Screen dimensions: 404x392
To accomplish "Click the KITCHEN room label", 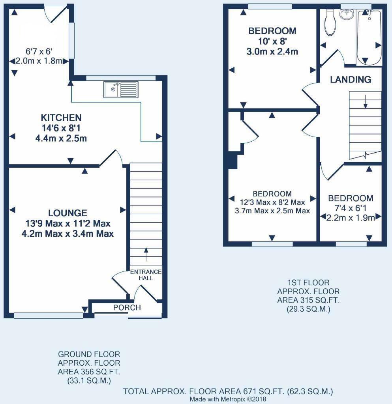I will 61,118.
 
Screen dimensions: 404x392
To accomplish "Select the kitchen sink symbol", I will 121,89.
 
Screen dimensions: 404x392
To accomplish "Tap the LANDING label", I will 351,80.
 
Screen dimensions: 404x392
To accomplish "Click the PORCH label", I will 127,308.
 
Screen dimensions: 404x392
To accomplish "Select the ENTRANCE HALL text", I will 146,275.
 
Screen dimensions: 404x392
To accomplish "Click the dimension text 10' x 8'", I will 272,41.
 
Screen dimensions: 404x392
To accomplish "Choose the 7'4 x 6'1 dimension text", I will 351,208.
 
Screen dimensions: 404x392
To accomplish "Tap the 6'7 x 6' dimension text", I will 37,51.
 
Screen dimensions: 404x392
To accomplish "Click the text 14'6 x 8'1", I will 61,128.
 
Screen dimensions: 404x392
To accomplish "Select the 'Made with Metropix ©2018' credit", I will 228,399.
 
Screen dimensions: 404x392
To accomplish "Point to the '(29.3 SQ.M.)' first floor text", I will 308,310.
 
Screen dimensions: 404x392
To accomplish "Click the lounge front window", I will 49,316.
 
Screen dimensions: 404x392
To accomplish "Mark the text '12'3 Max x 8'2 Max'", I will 272,202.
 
